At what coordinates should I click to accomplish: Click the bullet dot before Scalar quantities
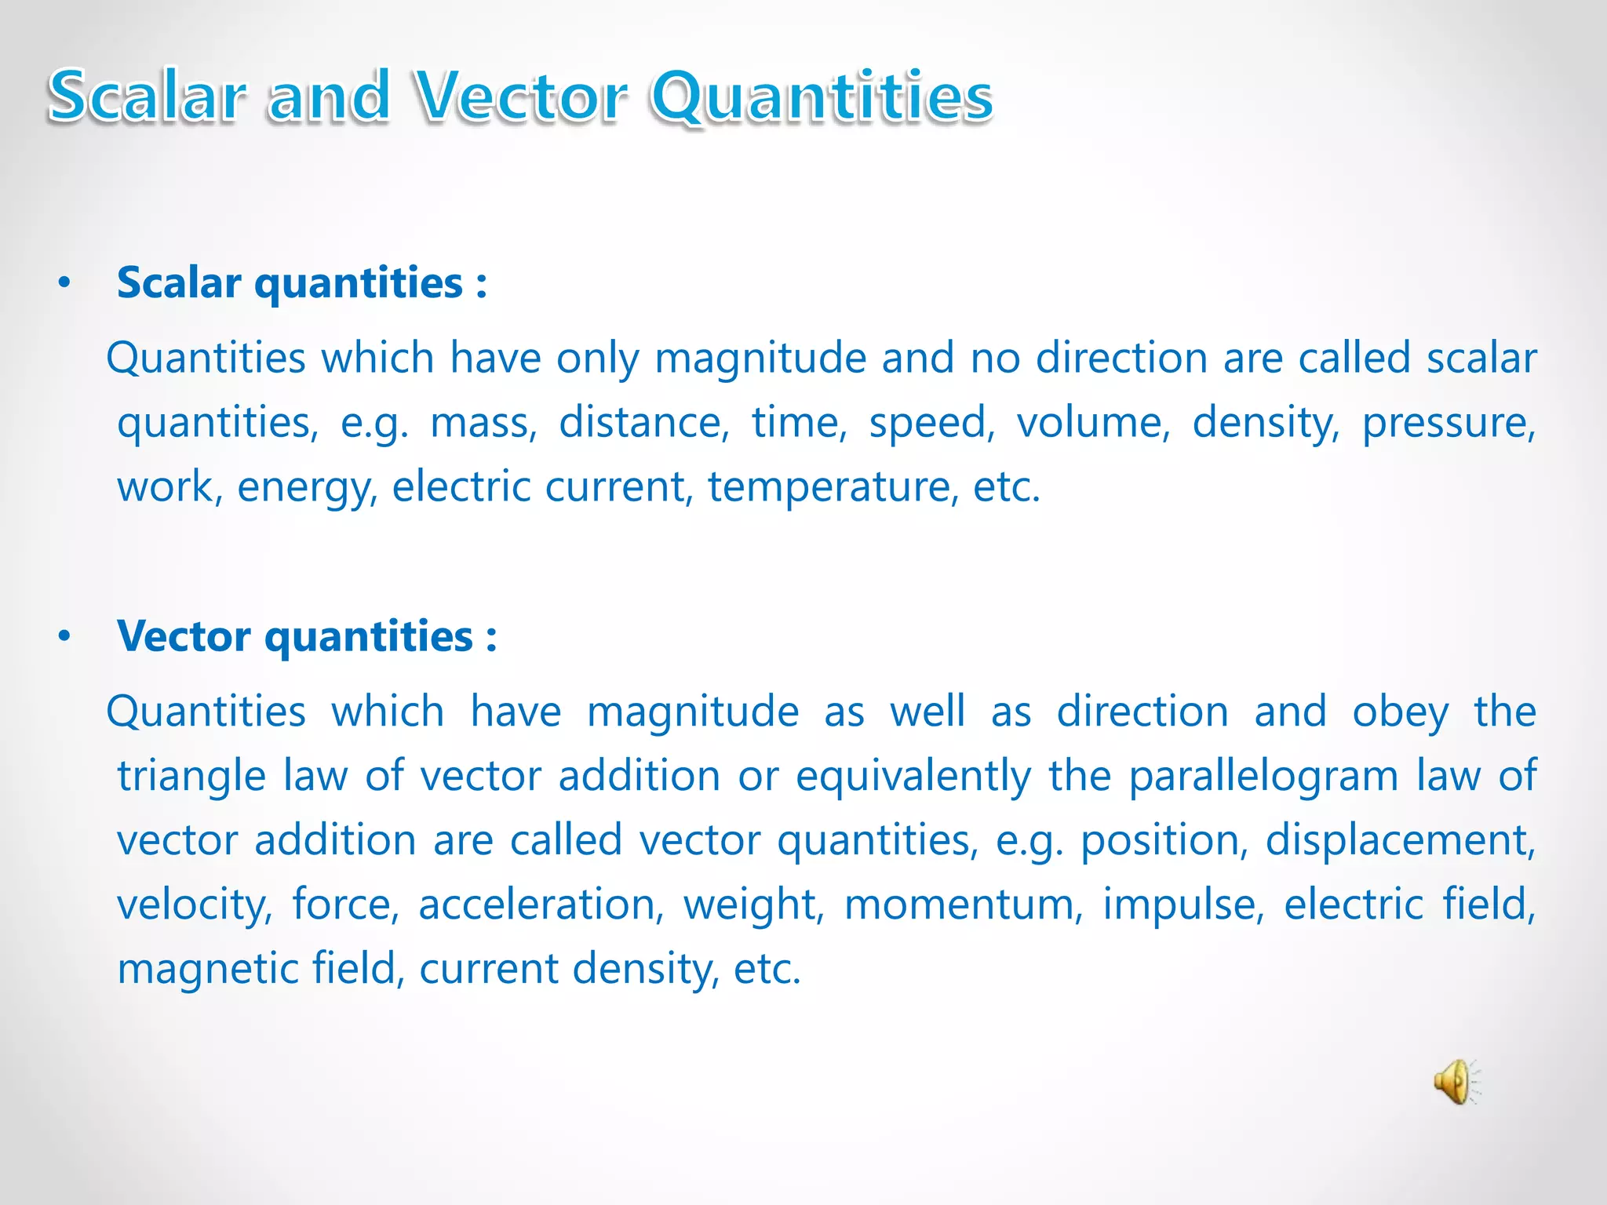point(64,283)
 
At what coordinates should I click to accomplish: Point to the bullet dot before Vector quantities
point(64,636)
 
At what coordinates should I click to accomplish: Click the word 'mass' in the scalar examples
point(483,423)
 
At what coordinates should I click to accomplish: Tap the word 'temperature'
point(833,487)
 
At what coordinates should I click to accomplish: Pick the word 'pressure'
point(1448,423)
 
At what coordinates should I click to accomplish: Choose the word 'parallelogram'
point(1263,777)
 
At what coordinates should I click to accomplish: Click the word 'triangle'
point(191,777)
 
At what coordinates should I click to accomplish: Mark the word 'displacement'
point(1400,840)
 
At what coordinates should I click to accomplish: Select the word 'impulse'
point(1183,905)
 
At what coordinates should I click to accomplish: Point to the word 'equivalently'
point(913,777)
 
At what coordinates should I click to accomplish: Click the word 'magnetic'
point(207,969)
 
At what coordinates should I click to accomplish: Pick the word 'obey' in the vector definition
point(1400,712)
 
